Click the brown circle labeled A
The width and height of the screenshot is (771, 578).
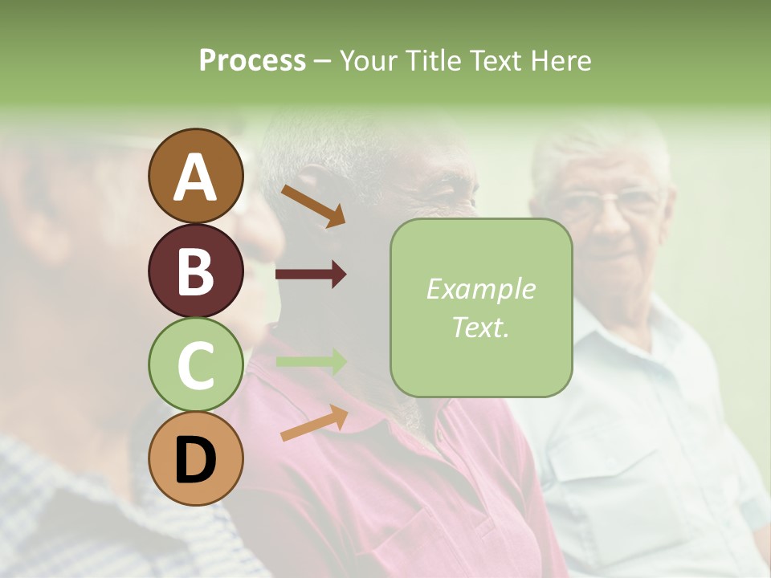click(195, 176)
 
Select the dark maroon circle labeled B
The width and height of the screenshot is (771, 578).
click(195, 271)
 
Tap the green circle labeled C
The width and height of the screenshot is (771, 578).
click(195, 364)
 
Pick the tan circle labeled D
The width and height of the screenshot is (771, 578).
click(195, 459)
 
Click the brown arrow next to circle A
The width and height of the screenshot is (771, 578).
click(312, 206)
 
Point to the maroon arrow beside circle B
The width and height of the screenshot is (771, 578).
click(311, 275)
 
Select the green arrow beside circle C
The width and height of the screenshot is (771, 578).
click(311, 362)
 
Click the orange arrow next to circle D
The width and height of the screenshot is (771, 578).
click(313, 423)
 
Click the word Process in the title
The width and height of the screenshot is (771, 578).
click(252, 60)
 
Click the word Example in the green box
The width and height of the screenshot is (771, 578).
click(481, 290)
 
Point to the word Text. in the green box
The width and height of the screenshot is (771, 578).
click(481, 327)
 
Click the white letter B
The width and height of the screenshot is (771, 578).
click(195, 271)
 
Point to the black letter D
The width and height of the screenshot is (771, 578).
click(195, 460)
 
